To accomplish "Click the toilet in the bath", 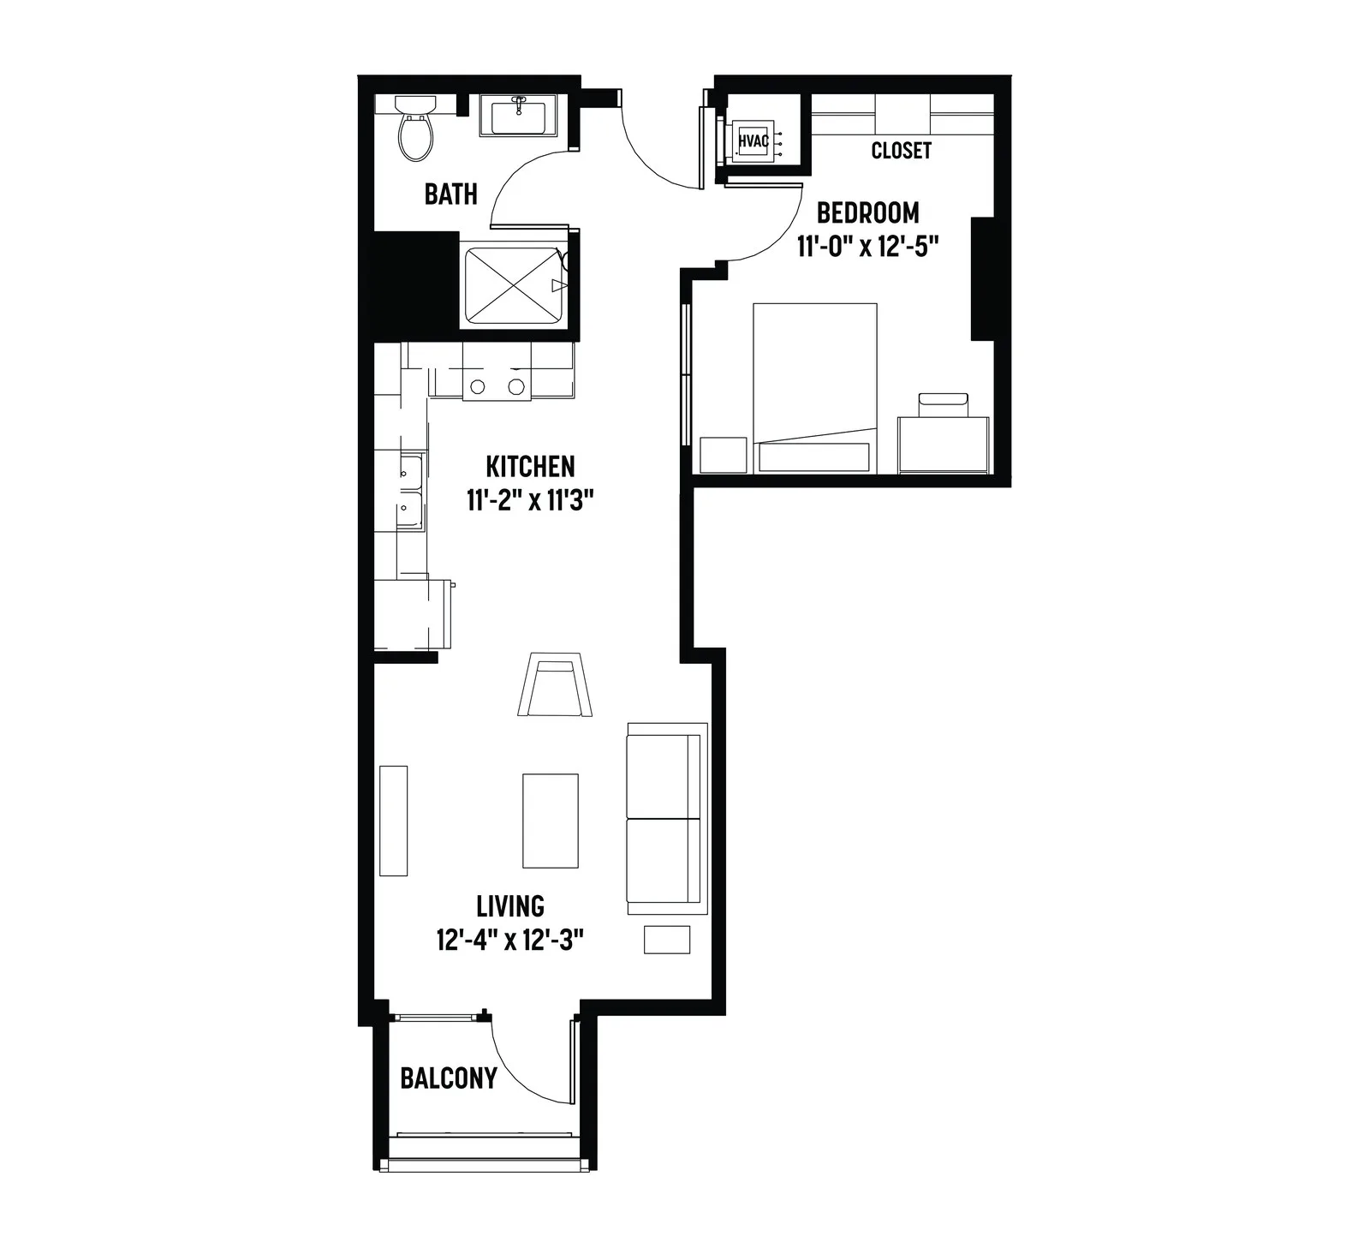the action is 416,128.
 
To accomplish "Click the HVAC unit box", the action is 753,138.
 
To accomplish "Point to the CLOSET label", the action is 901,151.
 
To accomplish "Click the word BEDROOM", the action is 867,212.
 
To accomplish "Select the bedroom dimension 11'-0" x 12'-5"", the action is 868,247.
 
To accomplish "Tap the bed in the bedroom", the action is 814,387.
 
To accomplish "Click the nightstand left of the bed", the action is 724,455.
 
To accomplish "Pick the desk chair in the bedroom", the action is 943,405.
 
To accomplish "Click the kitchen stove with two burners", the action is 497,385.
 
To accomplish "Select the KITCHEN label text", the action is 530,467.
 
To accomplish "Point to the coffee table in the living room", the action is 551,821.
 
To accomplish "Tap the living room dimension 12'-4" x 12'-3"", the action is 509,940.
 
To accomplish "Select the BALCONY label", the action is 449,1078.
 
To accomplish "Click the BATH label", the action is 450,194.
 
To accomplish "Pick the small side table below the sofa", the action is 667,939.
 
